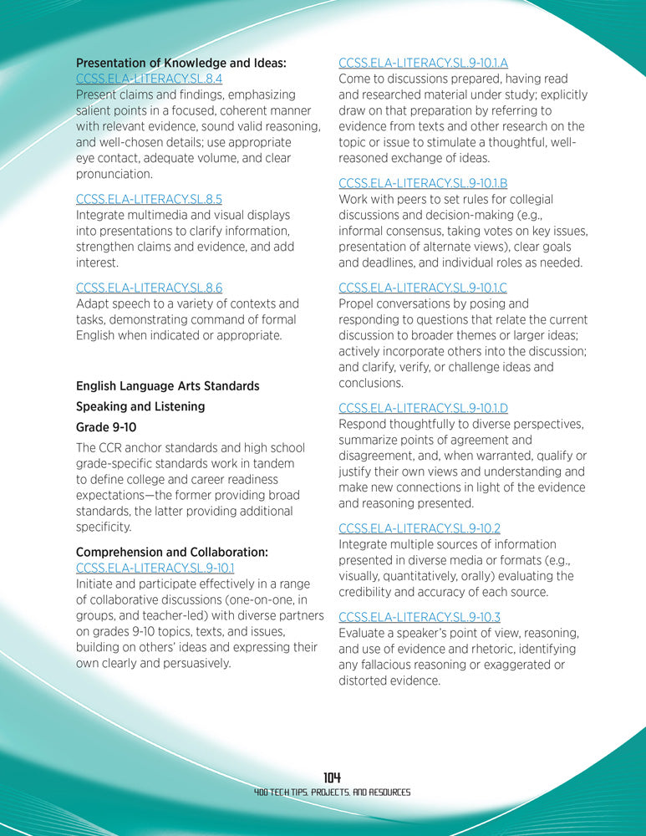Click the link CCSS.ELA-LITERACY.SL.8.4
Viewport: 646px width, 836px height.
click(149, 79)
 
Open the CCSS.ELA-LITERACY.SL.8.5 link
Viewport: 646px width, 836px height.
click(149, 199)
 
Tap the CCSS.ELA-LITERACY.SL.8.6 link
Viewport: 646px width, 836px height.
click(149, 288)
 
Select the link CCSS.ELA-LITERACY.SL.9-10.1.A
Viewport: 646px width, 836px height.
click(423, 63)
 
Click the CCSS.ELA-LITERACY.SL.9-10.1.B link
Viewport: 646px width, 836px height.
click(423, 183)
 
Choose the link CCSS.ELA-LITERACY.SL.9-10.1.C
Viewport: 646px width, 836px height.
click(423, 288)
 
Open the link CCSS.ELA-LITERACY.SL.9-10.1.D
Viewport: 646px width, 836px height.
click(423, 408)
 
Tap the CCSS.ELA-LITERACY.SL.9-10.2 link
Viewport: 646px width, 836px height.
click(419, 528)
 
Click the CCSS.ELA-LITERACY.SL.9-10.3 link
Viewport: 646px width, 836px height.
click(419, 617)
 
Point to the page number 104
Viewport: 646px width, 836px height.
click(332, 777)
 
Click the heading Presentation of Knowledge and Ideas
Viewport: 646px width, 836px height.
click(181, 63)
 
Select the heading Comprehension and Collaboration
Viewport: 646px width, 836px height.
click(171, 553)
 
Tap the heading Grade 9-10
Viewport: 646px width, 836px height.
click(106, 427)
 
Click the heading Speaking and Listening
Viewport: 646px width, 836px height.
click(140, 406)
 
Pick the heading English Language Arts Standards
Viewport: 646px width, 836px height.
click(167, 386)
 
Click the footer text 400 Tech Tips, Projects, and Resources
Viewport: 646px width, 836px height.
click(332, 792)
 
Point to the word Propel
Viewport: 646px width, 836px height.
click(357, 304)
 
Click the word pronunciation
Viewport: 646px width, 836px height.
click(114, 175)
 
